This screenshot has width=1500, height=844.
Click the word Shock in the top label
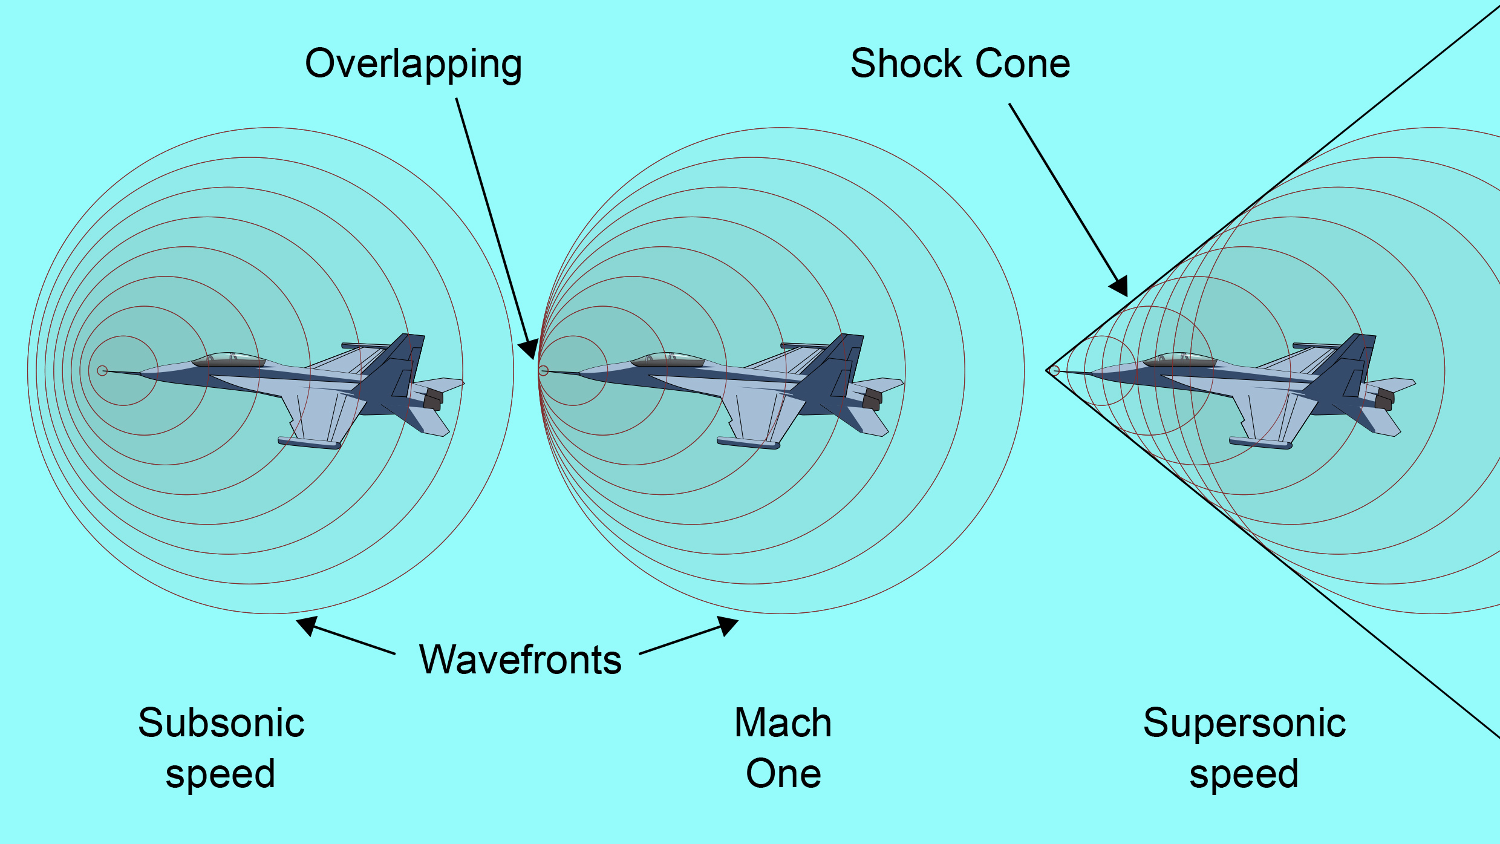coord(906,64)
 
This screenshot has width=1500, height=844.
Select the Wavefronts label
coord(520,659)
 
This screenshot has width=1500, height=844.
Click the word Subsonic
coord(221,723)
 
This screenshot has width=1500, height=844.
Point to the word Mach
coord(783,723)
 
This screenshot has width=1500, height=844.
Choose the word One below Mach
coord(783,774)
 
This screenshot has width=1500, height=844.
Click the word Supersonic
coord(1244,723)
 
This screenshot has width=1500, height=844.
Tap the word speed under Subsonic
coord(220,774)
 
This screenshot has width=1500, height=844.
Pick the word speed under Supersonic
coord(1244,774)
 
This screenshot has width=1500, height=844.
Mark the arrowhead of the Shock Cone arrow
coord(1120,286)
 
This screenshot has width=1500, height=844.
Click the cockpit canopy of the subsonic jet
coord(229,359)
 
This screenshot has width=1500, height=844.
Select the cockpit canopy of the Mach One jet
coord(668,359)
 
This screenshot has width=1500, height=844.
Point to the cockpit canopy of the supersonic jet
coord(1179,359)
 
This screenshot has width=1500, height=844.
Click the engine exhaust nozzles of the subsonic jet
coord(433,399)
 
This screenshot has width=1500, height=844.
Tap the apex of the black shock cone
coord(1047,370)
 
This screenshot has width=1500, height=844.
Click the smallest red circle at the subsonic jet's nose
coord(102,371)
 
